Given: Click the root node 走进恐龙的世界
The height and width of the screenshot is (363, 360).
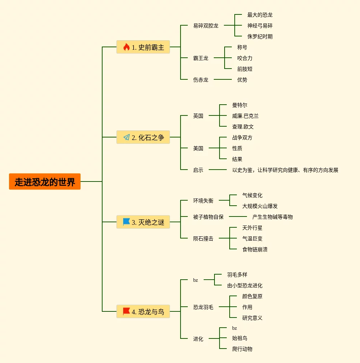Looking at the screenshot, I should tap(45, 181).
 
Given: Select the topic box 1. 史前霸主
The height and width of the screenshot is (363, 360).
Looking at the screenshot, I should tap(143, 47).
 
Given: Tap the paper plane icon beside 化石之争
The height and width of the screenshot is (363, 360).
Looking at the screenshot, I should tap(126, 137).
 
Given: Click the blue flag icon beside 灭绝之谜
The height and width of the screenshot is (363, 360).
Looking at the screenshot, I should tap(126, 222).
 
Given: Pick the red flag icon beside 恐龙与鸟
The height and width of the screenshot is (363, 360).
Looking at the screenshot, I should tap(126, 311).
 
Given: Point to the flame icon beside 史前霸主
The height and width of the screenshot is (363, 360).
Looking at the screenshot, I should tap(126, 47).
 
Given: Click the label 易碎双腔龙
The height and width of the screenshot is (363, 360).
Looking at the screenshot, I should tap(205, 26).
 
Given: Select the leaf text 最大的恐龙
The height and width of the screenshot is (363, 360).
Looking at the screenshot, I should tap(260, 15).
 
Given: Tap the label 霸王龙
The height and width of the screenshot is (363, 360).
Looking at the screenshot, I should tap(200, 58).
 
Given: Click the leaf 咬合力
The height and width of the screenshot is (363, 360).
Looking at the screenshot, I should tap(244, 58).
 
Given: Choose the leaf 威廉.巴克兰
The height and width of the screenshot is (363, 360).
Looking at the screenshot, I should tap(245, 116).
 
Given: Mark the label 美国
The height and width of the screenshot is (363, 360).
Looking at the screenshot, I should tap(198, 148).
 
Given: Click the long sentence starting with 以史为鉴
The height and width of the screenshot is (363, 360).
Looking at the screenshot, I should tap(285, 170).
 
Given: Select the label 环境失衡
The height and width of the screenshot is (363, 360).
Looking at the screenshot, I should tap(203, 201).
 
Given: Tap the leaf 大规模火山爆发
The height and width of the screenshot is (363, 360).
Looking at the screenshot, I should tap(260, 206).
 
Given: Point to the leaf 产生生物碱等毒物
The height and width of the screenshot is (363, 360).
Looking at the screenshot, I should tap(272, 217).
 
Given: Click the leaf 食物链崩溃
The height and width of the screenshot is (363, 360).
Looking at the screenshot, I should tap(255, 249).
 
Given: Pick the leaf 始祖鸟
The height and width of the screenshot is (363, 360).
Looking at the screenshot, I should tap(239, 338).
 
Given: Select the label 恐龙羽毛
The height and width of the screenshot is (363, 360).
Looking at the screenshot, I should tap(203, 307).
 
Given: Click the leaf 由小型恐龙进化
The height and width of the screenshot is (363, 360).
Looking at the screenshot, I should tap(244, 285).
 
